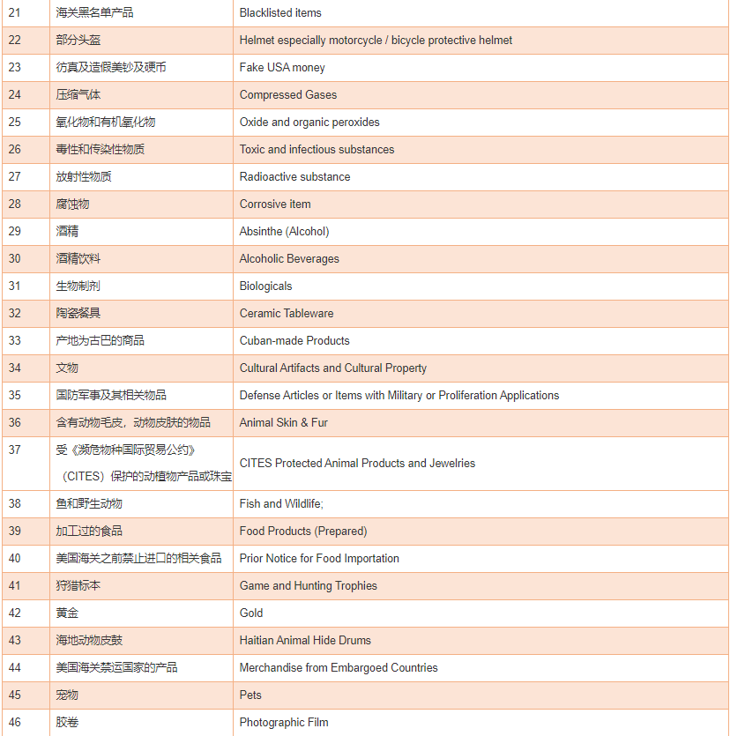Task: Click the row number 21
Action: [x=15, y=13]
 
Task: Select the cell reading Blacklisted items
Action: [x=280, y=13]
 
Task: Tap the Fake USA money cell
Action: [x=282, y=68]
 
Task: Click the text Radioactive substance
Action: [x=294, y=177]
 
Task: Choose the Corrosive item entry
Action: [x=275, y=204]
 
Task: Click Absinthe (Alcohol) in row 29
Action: [x=284, y=232]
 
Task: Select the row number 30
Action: [x=15, y=259]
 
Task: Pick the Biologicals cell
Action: [x=265, y=286]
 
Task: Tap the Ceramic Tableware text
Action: [x=287, y=314]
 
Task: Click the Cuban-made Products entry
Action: [x=294, y=341]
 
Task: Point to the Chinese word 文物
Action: [x=67, y=368]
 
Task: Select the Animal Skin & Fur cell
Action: [x=283, y=423]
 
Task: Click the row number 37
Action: [x=15, y=450]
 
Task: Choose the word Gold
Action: [x=251, y=613]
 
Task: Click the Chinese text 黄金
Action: [x=67, y=613]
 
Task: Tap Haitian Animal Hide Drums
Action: [x=305, y=641]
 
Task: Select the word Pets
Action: [x=250, y=695]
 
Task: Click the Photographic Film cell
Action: [x=284, y=723]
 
